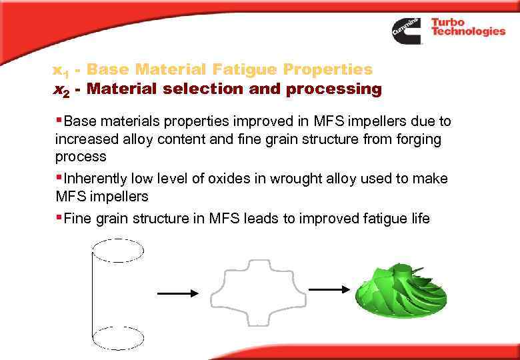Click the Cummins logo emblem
(406, 30)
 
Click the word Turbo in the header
(448, 22)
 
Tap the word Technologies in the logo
(468, 31)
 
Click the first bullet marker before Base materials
(59, 121)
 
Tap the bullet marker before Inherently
(59, 178)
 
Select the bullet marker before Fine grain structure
(59, 217)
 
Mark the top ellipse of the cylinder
(117, 251)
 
